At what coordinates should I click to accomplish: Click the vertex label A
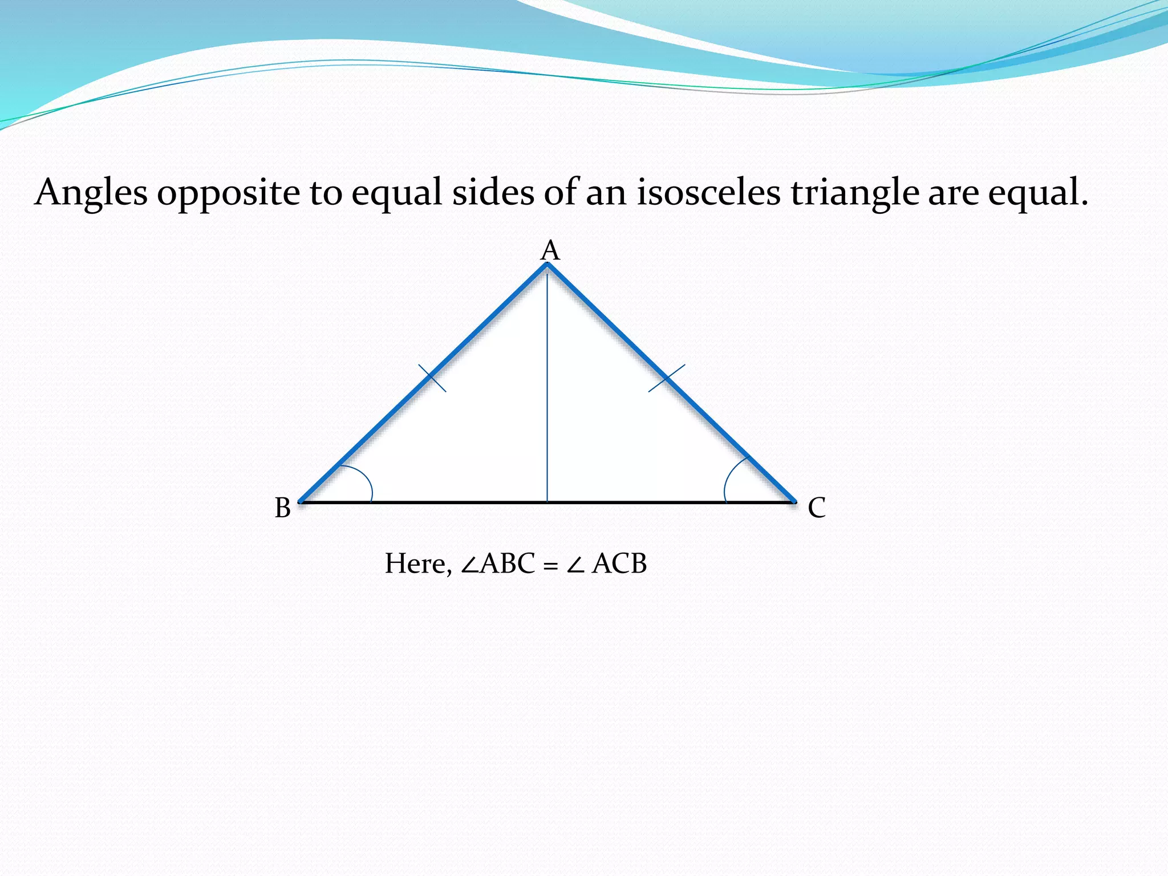pyautogui.click(x=550, y=250)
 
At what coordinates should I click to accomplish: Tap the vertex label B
pyautogui.click(x=282, y=508)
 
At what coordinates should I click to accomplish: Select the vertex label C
pyautogui.click(x=816, y=508)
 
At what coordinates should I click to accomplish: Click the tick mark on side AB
pyautogui.click(x=432, y=378)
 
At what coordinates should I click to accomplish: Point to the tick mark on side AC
pyautogui.click(x=667, y=378)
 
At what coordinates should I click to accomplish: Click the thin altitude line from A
pyautogui.click(x=547, y=388)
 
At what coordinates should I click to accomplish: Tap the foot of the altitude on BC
pyautogui.click(x=547, y=502)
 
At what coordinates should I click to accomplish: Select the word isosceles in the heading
pyautogui.click(x=708, y=193)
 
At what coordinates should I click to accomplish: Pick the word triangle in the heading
pyautogui.click(x=854, y=193)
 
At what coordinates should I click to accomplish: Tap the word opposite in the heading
pyautogui.click(x=228, y=193)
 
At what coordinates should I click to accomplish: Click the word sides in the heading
pyautogui.click(x=493, y=193)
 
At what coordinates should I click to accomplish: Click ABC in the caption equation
pyautogui.click(x=508, y=563)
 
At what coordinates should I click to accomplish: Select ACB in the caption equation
pyautogui.click(x=619, y=563)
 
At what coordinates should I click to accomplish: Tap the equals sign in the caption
pyautogui.click(x=550, y=565)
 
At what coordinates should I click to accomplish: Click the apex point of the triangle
pyautogui.click(x=547, y=264)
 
